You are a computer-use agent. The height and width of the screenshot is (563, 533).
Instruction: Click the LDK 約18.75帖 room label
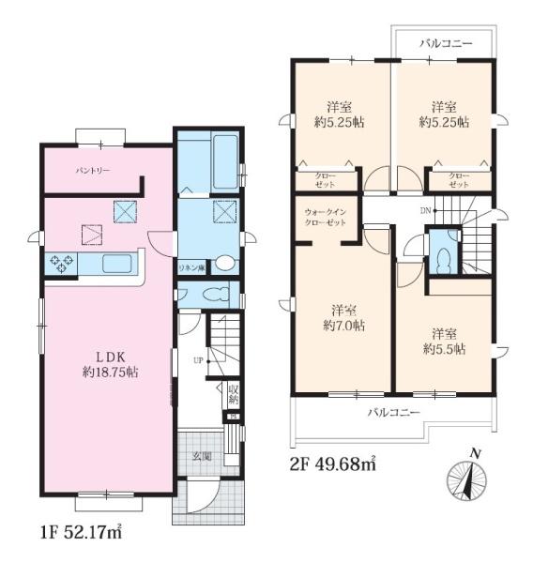point(111,364)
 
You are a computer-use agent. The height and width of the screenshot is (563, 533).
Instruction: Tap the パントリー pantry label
point(93,170)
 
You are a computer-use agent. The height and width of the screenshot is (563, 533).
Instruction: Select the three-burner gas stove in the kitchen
point(61,264)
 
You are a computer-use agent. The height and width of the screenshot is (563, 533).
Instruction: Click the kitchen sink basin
point(117,264)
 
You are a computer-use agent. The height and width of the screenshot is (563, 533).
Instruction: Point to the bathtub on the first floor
point(225,162)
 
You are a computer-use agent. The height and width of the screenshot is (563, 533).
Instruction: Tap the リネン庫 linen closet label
point(192,267)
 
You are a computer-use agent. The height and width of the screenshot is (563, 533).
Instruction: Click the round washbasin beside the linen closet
point(225,263)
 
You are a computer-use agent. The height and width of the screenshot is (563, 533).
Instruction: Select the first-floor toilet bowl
point(216,295)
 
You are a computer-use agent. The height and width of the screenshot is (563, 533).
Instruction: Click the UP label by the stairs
point(198,360)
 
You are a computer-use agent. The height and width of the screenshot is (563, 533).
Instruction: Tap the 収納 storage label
point(234,394)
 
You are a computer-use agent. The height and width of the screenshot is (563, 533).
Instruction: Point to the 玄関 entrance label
point(201,457)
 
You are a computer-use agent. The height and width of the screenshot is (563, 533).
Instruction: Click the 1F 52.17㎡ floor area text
point(82,532)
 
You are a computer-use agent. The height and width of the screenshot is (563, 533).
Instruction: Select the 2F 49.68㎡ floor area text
point(332,464)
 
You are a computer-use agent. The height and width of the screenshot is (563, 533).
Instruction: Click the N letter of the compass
point(476,454)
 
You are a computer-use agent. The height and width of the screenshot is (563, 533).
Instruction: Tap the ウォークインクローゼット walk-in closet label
point(326,218)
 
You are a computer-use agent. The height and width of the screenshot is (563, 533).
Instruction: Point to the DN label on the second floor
point(425,211)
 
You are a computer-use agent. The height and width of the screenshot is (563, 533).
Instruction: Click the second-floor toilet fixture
point(443,259)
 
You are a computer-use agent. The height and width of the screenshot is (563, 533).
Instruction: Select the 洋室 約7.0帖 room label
point(344,318)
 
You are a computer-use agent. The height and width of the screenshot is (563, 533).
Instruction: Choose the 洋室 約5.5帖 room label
point(444,342)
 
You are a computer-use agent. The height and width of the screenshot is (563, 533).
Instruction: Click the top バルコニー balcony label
point(446,44)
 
